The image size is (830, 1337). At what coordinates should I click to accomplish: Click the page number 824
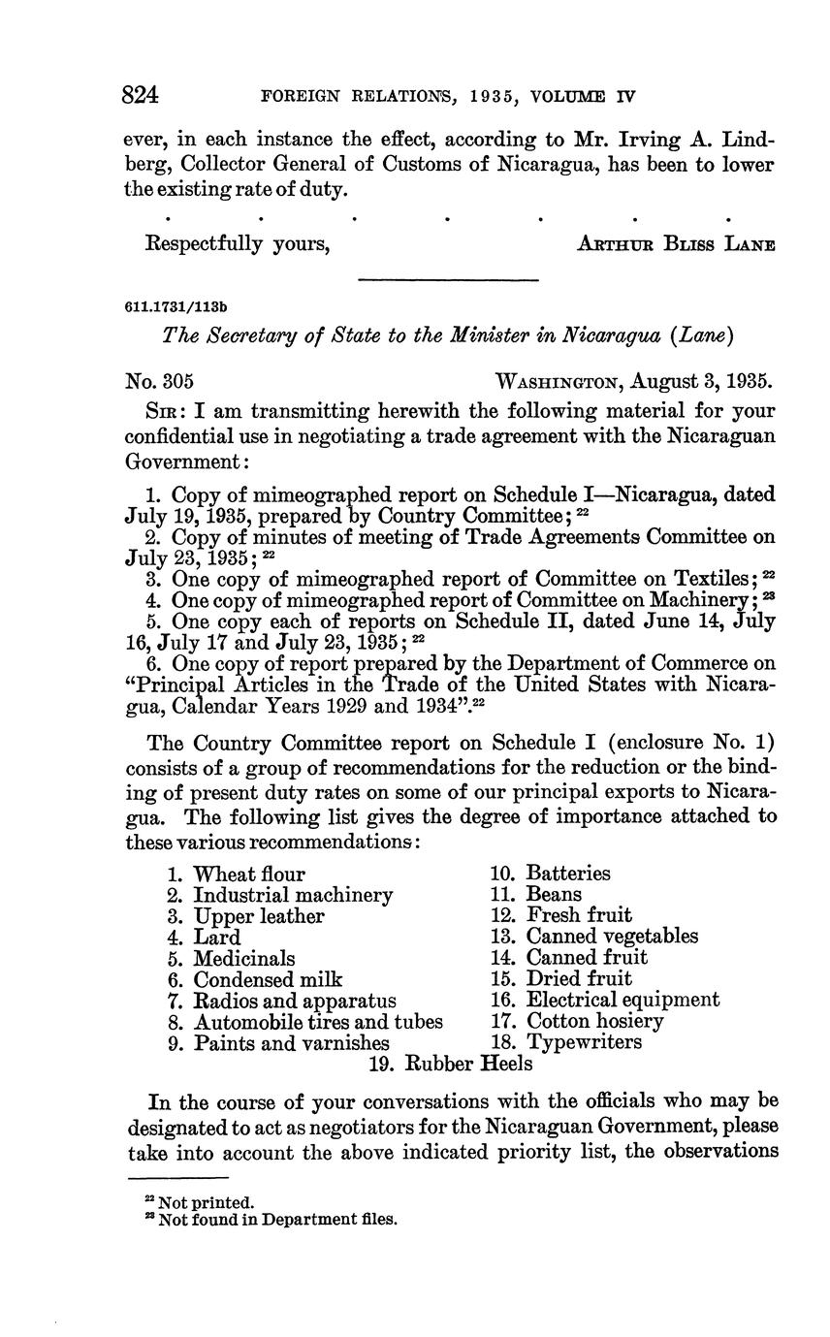[x=142, y=95]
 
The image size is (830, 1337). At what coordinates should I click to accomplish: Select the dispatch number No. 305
[x=165, y=379]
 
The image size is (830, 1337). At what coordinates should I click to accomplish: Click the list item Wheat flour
[x=249, y=875]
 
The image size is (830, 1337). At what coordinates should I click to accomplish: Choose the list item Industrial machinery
[x=293, y=895]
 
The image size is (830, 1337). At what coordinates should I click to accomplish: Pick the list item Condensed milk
[x=268, y=980]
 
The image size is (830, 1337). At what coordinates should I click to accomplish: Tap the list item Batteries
[x=568, y=875]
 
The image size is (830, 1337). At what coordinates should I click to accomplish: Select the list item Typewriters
[x=584, y=1043]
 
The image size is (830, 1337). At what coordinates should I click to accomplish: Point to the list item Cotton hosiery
[x=594, y=1022]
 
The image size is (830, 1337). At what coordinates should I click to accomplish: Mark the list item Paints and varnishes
[x=292, y=1043]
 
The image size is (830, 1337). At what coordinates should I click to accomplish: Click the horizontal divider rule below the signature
[x=448, y=281]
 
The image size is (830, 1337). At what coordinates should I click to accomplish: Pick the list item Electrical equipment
[x=622, y=1001]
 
